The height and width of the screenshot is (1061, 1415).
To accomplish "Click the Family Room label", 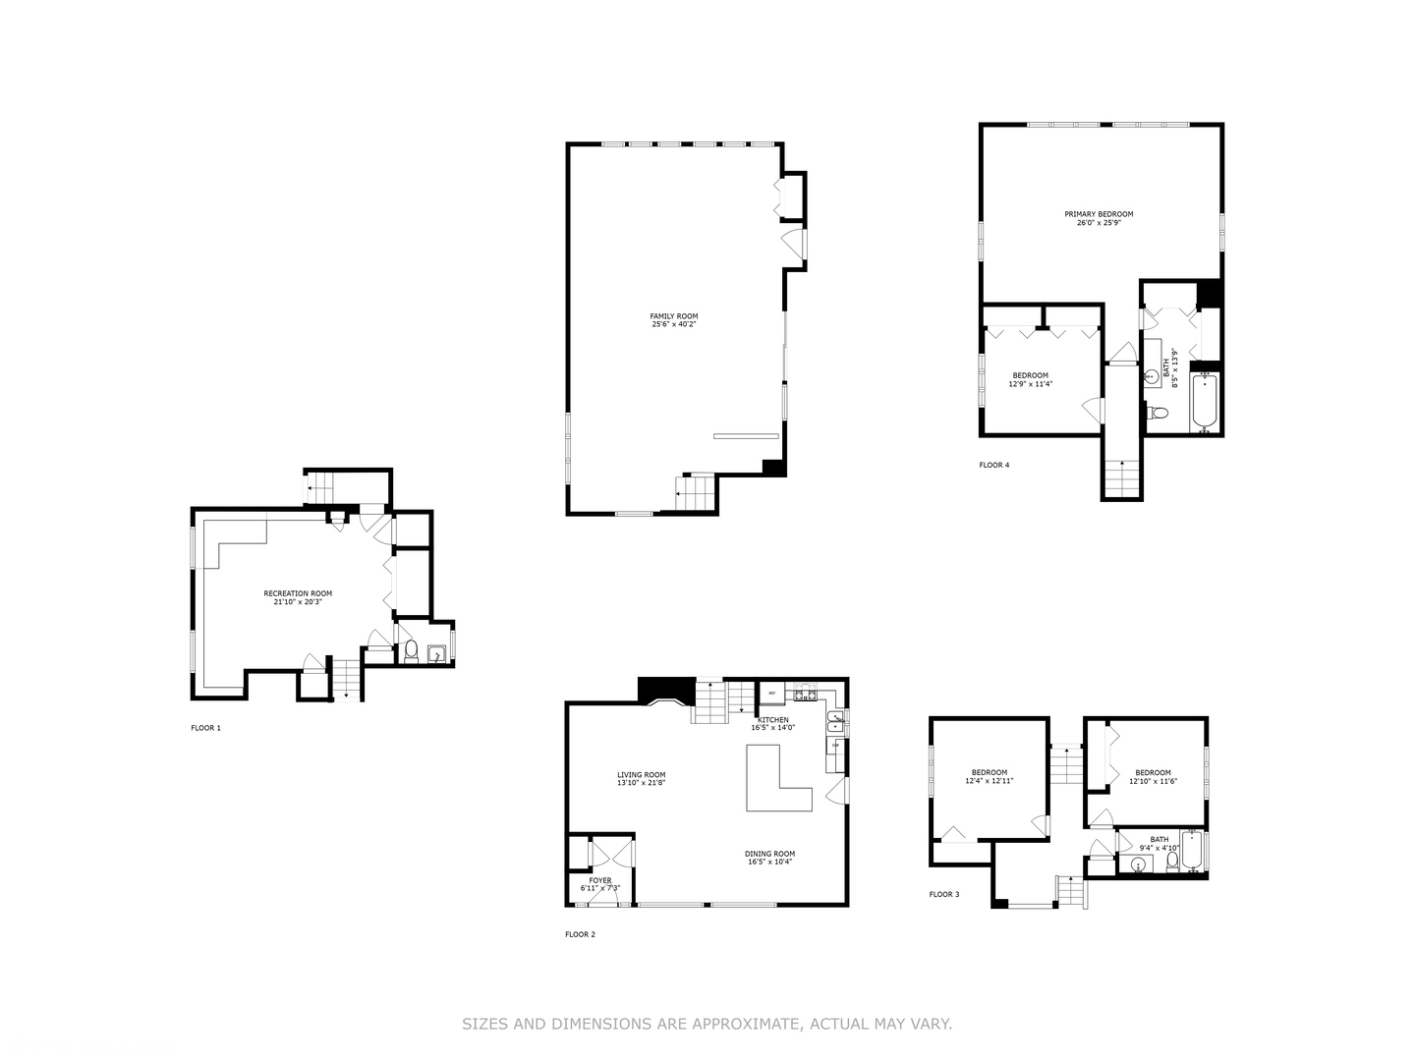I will (x=674, y=316).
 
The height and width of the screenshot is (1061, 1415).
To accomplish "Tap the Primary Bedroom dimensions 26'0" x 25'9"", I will (x=1099, y=223).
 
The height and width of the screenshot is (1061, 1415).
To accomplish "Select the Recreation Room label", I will (x=298, y=593).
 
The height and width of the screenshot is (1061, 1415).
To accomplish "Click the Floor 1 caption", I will (x=206, y=728).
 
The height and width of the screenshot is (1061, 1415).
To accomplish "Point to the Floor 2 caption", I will (x=580, y=934).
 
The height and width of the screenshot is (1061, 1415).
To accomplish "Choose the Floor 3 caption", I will (x=944, y=894).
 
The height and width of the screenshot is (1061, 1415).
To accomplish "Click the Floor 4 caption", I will (x=994, y=465).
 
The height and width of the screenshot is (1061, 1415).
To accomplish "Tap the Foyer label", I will (x=600, y=880).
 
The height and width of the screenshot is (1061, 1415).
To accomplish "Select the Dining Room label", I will (x=769, y=854).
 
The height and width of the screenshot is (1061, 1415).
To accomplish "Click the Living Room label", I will (x=642, y=775).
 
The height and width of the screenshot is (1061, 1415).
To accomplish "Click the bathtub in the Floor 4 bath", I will (x=1206, y=403).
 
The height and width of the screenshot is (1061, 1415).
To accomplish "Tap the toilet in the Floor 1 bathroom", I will (x=412, y=650).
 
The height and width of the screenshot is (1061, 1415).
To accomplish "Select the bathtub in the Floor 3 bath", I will (x=1192, y=852).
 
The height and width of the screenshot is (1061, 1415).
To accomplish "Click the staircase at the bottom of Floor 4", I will (x=1121, y=478).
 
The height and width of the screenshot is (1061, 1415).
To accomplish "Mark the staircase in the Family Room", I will (x=696, y=491).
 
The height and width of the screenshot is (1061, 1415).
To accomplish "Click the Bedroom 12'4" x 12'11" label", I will (x=990, y=773).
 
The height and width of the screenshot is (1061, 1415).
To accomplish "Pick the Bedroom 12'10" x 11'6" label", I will (x=1153, y=773).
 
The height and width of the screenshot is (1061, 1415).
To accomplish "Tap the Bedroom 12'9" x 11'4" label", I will (x=1030, y=375).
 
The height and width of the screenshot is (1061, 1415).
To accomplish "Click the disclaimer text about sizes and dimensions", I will (x=707, y=1024).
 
